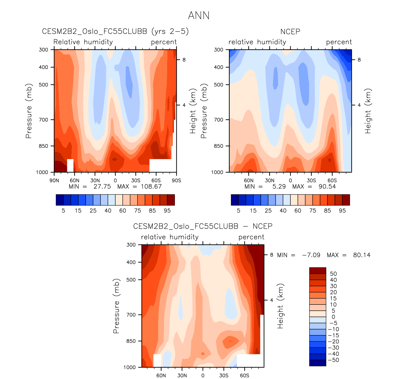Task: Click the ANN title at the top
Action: [199, 15]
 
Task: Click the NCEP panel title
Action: [290, 32]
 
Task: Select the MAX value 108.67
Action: [151, 186]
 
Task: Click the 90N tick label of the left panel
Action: [54, 181]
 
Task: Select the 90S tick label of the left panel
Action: [176, 181]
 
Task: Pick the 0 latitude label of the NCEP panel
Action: [290, 181]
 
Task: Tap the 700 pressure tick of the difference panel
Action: [131, 315]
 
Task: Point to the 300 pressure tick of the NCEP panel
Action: [218, 49]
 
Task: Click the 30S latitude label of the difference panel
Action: [224, 376]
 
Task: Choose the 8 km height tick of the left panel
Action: [184, 60]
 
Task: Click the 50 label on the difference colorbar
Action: [333, 274]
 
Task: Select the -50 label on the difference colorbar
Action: [333, 360]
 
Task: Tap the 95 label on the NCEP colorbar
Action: [342, 211]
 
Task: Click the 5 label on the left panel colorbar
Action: [63, 211]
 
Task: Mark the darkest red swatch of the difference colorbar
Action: [318, 270]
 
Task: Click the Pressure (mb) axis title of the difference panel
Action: [116, 306]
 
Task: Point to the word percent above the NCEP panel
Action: [339, 42]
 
